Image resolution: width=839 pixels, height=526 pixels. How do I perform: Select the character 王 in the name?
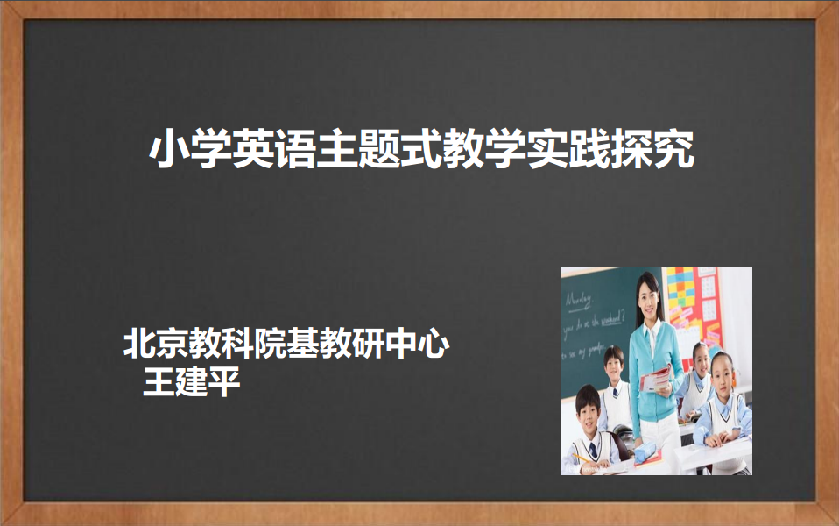click(x=159, y=381)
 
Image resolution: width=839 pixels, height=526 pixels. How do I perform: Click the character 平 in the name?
click(x=224, y=381)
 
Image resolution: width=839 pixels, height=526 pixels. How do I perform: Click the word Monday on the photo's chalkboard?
click(x=580, y=301)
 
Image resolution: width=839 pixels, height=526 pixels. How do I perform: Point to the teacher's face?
click(x=648, y=301)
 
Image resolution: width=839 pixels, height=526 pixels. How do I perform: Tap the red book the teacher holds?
click(x=656, y=378)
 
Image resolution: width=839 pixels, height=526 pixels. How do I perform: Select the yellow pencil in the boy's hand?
click(x=582, y=459)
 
